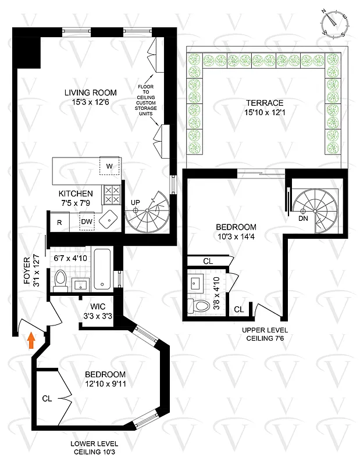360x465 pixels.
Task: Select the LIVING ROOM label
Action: tap(90, 92)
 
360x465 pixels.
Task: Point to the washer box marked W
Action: tap(109, 166)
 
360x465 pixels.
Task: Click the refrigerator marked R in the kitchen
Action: tap(59, 221)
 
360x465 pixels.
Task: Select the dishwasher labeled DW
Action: tap(87, 221)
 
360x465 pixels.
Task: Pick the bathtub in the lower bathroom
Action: tap(102, 270)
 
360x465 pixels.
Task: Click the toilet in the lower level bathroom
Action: tap(58, 282)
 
